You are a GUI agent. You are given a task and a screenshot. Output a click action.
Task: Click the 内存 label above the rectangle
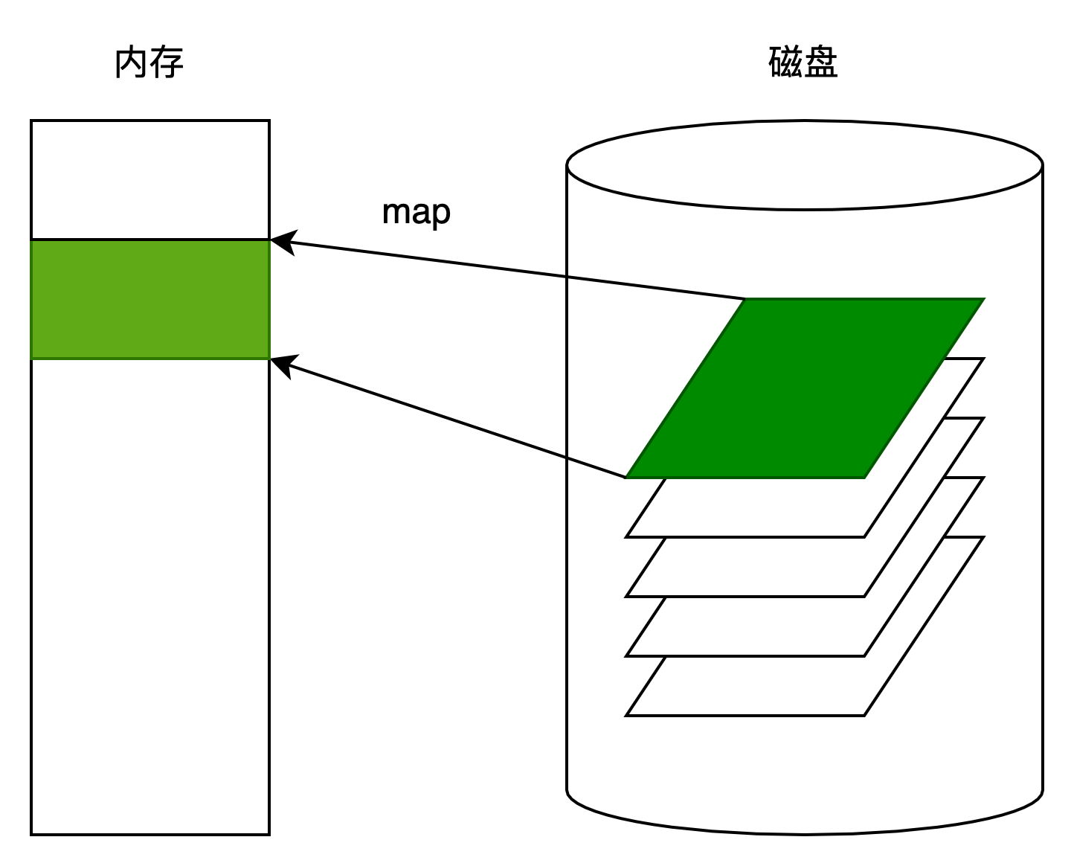pos(149,62)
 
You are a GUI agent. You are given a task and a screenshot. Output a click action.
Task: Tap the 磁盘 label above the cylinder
pos(803,62)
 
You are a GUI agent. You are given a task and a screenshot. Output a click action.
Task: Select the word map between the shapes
pos(417,213)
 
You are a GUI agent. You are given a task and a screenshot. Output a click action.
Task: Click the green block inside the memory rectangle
pos(150,300)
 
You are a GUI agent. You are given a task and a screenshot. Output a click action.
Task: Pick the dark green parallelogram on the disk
pos(805,388)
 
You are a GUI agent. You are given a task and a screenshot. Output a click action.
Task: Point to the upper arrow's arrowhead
pos(283,242)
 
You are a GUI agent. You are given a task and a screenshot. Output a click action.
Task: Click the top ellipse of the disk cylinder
pos(805,164)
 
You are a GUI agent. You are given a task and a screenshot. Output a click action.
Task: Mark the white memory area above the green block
pos(150,180)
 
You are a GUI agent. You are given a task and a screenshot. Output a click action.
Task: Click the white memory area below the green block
pos(150,597)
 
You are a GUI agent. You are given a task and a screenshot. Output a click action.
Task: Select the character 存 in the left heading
pos(167,62)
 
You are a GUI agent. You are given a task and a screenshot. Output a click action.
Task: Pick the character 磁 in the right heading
pos(785,62)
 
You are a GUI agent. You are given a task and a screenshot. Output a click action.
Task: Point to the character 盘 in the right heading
pos(821,62)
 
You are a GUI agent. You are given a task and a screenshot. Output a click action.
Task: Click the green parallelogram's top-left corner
pos(745,299)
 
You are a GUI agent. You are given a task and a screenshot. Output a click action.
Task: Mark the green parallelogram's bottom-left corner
pos(626,478)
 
